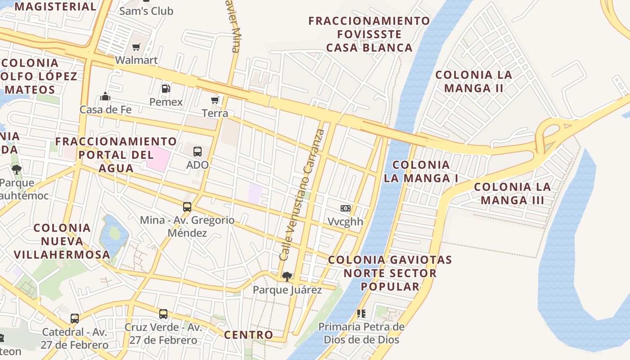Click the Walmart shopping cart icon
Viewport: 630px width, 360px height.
click(136, 47)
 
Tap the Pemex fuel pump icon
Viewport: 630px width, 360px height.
click(166, 89)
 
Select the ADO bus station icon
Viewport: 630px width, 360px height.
click(198, 152)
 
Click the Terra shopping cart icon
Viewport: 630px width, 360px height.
click(215, 100)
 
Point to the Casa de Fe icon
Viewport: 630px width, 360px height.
click(105, 96)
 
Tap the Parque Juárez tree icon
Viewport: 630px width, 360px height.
click(287, 276)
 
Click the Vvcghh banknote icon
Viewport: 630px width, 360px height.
click(345, 208)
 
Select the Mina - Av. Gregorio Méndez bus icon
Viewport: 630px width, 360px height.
click(187, 207)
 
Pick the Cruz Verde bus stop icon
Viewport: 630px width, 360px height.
click(163, 314)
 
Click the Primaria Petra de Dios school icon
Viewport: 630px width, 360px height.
click(361, 313)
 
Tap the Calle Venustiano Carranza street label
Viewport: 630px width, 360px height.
click(302, 195)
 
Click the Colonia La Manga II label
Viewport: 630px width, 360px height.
click(474, 81)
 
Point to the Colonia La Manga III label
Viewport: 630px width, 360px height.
click(513, 193)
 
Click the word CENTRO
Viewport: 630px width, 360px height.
click(248, 335)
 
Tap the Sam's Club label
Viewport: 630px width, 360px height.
click(146, 11)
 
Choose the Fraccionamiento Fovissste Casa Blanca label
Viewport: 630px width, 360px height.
click(369, 34)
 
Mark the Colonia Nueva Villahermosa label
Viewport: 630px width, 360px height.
click(62, 241)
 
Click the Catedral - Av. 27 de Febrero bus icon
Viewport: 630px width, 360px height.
click(75, 319)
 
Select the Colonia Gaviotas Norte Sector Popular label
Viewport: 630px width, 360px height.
click(390, 273)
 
